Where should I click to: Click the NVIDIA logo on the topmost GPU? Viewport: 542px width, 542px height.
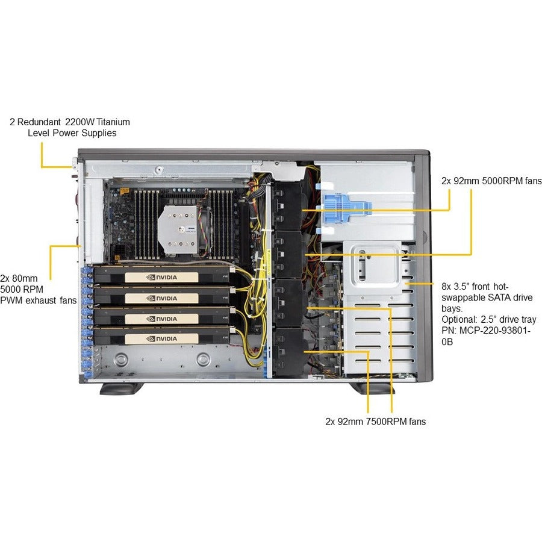[162, 278]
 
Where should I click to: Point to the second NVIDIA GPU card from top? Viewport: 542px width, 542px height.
[163, 297]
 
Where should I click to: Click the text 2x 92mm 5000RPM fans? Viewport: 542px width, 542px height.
[491, 181]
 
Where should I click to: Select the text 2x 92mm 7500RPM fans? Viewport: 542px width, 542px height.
[375, 422]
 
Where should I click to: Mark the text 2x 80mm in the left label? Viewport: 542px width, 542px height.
[20, 278]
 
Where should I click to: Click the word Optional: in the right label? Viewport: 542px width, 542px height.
[461, 319]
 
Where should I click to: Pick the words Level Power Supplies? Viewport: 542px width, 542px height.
[72, 132]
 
